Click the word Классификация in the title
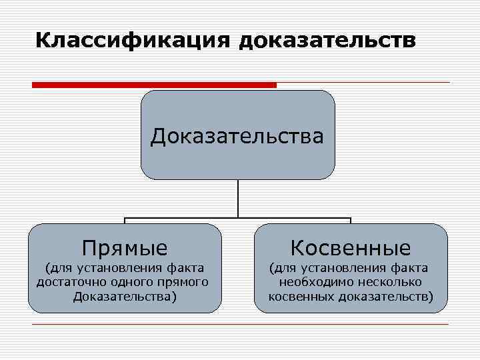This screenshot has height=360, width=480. click(132, 39)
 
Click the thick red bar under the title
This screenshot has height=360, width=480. click(154, 85)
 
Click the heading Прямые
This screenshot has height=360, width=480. click(125, 248)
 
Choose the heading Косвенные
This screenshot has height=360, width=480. click(351, 248)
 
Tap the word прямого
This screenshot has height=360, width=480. click(183, 282)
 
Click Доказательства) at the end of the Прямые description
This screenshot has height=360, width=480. click(125, 296)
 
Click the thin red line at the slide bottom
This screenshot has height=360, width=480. click(240, 325)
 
